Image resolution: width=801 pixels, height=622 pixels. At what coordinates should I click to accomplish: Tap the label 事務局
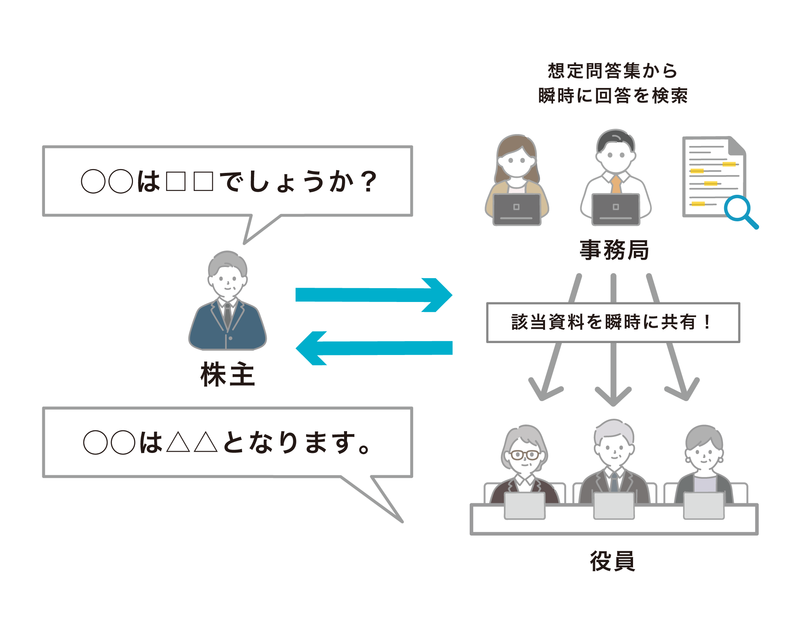[x=614, y=250]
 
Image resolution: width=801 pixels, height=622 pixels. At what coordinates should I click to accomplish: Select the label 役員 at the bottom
[x=613, y=561]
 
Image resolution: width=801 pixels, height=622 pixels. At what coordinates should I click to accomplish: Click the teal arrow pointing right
[x=374, y=295]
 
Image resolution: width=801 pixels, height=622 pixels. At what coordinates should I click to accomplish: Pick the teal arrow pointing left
[x=374, y=348]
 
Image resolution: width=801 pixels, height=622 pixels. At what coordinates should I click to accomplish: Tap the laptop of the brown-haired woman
[x=517, y=209]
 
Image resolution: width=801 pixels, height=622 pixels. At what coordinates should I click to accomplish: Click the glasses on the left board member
[x=525, y=455]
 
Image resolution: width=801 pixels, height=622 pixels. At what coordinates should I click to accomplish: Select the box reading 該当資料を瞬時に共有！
[x=613, y=322]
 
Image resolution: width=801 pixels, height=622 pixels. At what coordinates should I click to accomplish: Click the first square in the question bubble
[x=176, y=181]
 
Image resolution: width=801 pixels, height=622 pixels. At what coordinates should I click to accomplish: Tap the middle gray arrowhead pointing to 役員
[x=613, y=395]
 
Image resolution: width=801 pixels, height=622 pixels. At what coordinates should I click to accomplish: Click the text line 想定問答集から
[x=613, y=71]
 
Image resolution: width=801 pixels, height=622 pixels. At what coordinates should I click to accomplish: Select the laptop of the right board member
[x=704, y=506]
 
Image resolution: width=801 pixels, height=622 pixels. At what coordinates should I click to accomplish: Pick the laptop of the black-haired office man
[x=616, y=209]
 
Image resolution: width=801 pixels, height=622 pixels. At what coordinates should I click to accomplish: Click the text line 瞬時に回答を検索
[x=613, y=95]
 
